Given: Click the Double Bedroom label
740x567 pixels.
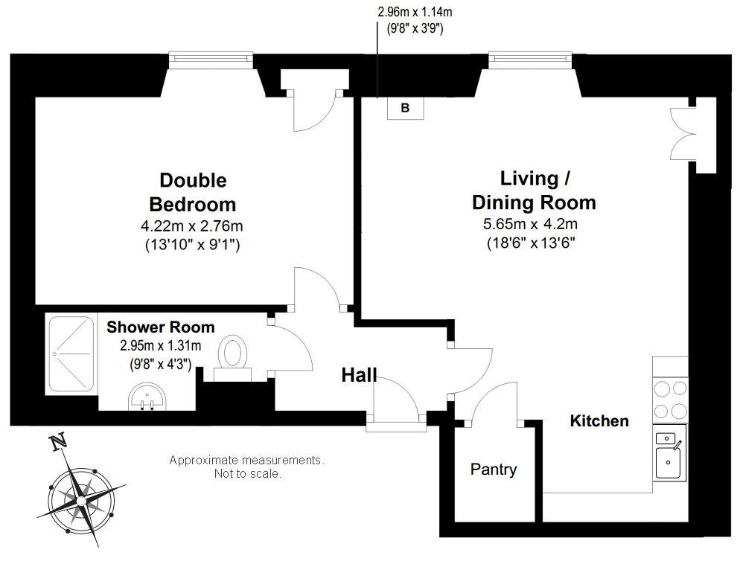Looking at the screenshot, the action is [x=193, y=192].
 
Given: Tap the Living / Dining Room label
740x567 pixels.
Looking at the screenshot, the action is [x=535, y=190].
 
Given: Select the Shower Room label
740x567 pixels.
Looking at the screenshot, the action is [x=161, y=327].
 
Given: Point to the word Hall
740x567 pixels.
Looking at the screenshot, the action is [x=359, y=375].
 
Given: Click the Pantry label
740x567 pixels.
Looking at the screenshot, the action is [x=493, y=469].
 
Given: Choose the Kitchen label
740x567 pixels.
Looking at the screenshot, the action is [x=599, y=420].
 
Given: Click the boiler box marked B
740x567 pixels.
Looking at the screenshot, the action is [x=406, y=109].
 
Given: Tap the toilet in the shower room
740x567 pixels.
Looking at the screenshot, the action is [x=233, y=358].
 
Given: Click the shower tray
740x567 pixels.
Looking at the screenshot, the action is [x=71, y=355].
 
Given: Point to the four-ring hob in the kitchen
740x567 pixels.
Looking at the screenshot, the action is [x=670, y=400].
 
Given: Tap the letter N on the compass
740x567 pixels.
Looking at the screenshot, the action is [x=58, y=443].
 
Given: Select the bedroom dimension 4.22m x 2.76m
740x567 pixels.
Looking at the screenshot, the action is [x=192, y=226].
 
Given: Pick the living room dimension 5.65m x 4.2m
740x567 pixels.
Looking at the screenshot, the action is [x=531, y=223].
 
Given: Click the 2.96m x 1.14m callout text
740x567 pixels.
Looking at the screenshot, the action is [x=415, y=11].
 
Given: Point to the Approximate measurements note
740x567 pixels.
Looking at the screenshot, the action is [x=247, y=467].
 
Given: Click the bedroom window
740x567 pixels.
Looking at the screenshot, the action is [x=211, y=58].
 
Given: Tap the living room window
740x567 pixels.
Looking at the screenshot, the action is [x=531, y=58].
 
